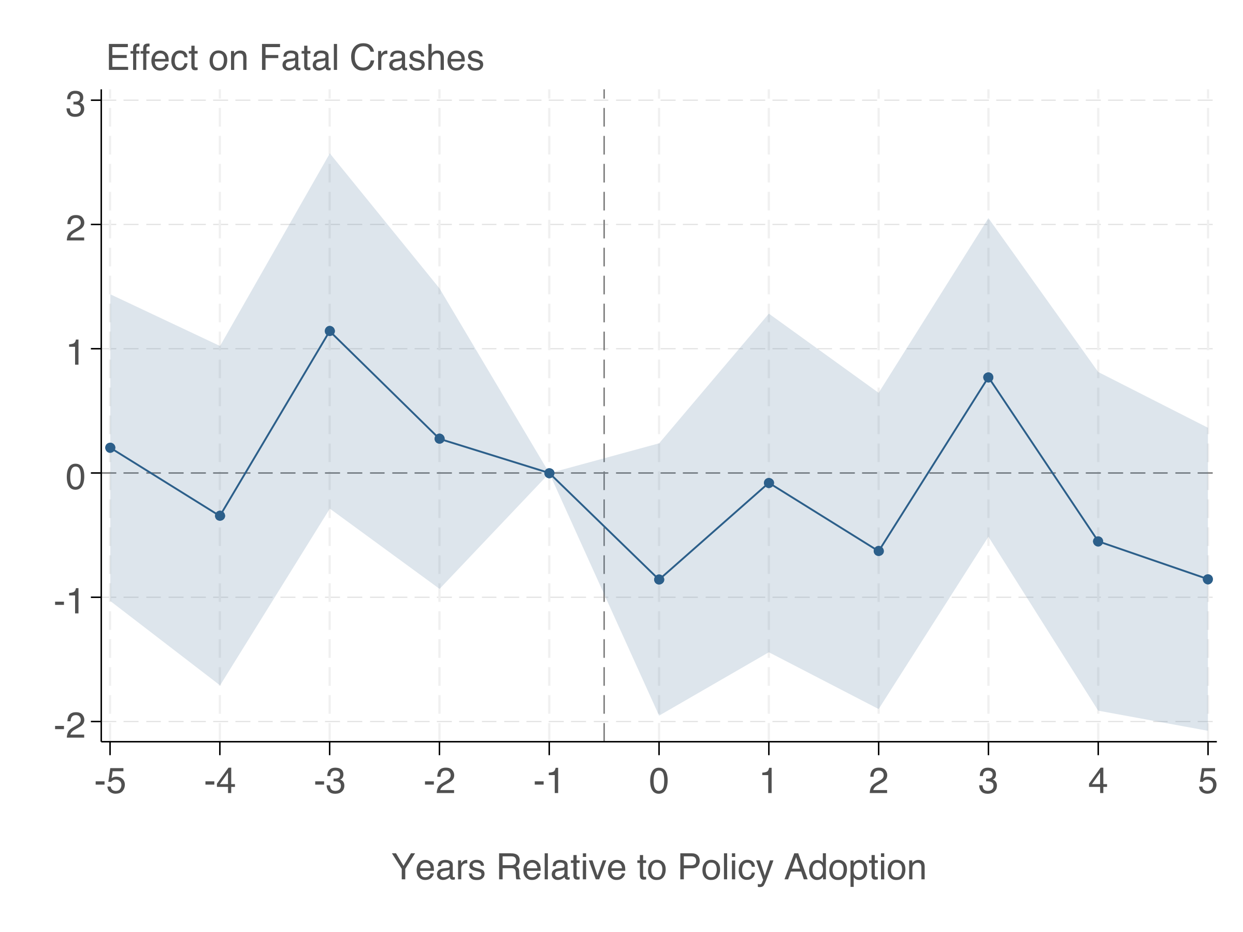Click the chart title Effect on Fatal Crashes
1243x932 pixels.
pyautogui.click(x=295, y=58)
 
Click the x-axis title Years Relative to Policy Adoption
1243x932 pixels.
pyautogui.click(x=659, y=867)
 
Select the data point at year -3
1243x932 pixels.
pyautogui.click(x=330, y=331)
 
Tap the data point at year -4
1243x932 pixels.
pyautogui.click(x=220, y=516)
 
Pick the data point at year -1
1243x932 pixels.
pyautogui.click(x=550, y=474)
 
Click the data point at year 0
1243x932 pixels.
pyautogui.click(x=659, y=580)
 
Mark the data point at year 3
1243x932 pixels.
pyautogui.click(x=988, y=377)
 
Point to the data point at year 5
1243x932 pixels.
pyautogui.click(x=1208, y=579)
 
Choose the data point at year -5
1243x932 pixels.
pyautogui.click(x=110, y=448)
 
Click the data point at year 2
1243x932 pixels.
pyautogui.click(x=879, y=551)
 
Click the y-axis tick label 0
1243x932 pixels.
pyautogui.click(x=75, y=478)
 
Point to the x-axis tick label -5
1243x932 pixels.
pyautogui.click(x=110, y=781)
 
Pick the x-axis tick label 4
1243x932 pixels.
pyautogui.click(x=1098, y=781)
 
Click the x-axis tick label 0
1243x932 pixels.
pyautogui.click(x=659, y=781)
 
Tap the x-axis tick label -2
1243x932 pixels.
pyautogui.click(x=439, y=781)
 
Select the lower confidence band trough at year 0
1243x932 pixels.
pyautogui.click(x=659, y=715)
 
